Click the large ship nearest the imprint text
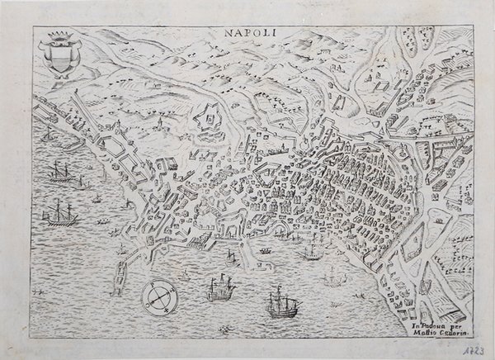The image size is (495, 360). pyautogui.click(x=279, y=306)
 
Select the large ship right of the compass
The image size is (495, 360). pyautogui.click(x=219, y=289)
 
